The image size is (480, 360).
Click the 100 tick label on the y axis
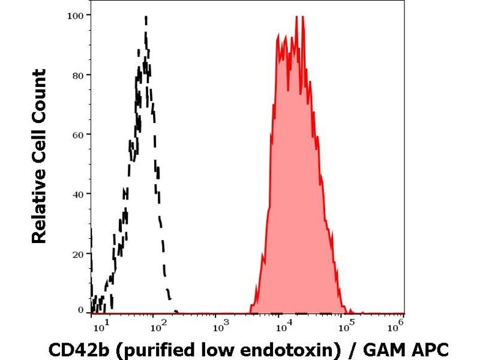click(x=75, y=14)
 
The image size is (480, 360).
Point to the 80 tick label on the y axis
click(x=77, y=74)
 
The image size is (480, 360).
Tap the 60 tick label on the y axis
click(x=77, y=134)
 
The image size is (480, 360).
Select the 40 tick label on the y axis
click(x=77, y=193)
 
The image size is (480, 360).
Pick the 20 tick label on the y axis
click(x=77, y=253)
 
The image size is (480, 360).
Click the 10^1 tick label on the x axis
click(x=103, y=326)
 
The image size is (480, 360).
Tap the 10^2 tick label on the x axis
click(x=157, y=326)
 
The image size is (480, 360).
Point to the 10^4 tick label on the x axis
click(x=282, y=326)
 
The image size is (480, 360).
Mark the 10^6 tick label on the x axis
click(x=394, y=326)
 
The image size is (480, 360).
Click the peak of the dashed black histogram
click(x=146, y=18)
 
